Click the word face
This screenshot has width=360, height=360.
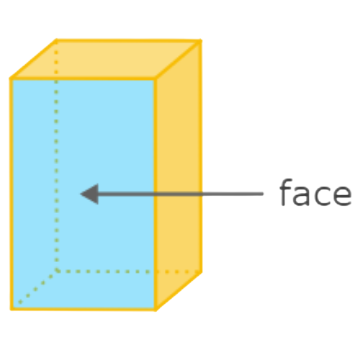coord(315,192)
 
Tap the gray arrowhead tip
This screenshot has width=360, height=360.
coord(81,194)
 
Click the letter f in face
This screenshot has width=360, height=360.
coord(286,192)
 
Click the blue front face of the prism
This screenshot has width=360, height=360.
coord(83,194)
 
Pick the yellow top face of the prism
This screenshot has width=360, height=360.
coord(106,59)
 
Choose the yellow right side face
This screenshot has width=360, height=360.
coord(178,175)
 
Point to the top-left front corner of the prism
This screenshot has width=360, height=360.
coord(11,78)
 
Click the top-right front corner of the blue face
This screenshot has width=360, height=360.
coord(155,78)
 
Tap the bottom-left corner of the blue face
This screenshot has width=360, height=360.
coord(12,309)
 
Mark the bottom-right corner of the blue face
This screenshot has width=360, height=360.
coord(156,309)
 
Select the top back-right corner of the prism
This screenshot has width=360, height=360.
coord(200,41)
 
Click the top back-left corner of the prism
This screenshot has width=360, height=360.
coord(56,41)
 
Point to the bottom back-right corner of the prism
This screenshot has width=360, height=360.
coord(201,272)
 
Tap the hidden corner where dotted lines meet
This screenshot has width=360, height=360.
coord(57,271)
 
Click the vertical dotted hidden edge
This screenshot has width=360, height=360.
coord(56,156)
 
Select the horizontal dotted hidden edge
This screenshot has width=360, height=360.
coord(129,271)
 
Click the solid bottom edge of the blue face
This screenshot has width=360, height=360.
coord(84,309)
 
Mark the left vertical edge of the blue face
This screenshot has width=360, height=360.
coord(12,194)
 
